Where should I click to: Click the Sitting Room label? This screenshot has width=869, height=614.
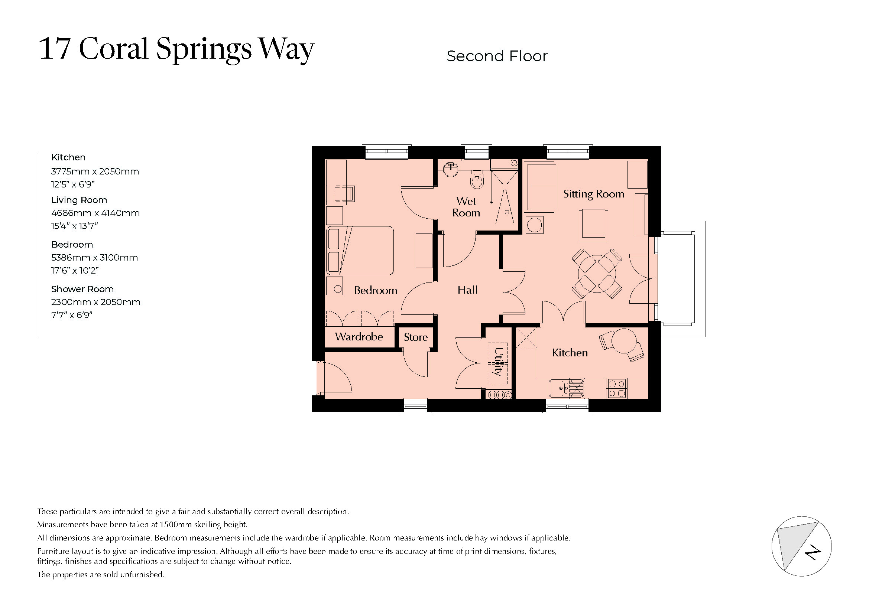(593, 194)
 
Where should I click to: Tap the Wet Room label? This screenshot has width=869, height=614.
(466, 207)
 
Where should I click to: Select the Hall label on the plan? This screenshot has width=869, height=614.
(467, 290)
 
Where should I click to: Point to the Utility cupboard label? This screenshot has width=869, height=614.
(498, 362)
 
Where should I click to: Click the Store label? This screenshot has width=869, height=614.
(416, 337)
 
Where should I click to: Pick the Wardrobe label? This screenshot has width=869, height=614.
(359, 336)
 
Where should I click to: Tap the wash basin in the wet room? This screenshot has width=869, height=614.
(451, 169)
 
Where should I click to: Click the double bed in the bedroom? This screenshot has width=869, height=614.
(360, 250)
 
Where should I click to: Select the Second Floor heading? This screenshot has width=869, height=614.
(497, 56)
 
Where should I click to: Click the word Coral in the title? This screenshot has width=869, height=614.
(113, 49)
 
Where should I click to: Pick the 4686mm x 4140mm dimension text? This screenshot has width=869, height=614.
(95, 213)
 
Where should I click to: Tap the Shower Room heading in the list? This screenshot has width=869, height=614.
(82, 289)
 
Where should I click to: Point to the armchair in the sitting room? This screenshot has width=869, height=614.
(593, 225)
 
